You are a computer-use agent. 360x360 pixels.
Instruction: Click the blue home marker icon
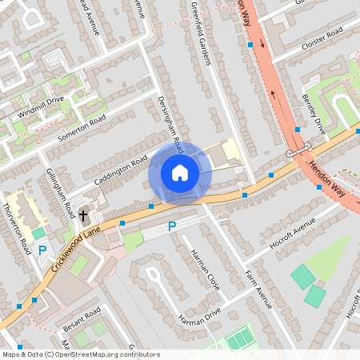click(180, 173)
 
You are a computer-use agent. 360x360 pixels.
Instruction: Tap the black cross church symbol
click(83, 215)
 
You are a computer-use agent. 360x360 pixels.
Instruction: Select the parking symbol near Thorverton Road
click(42, 250)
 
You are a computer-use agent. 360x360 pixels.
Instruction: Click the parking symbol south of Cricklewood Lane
click(171, 227)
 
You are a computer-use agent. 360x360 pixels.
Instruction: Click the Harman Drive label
click(199, 314)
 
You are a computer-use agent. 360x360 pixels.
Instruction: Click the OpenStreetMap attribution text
click(81, 354)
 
